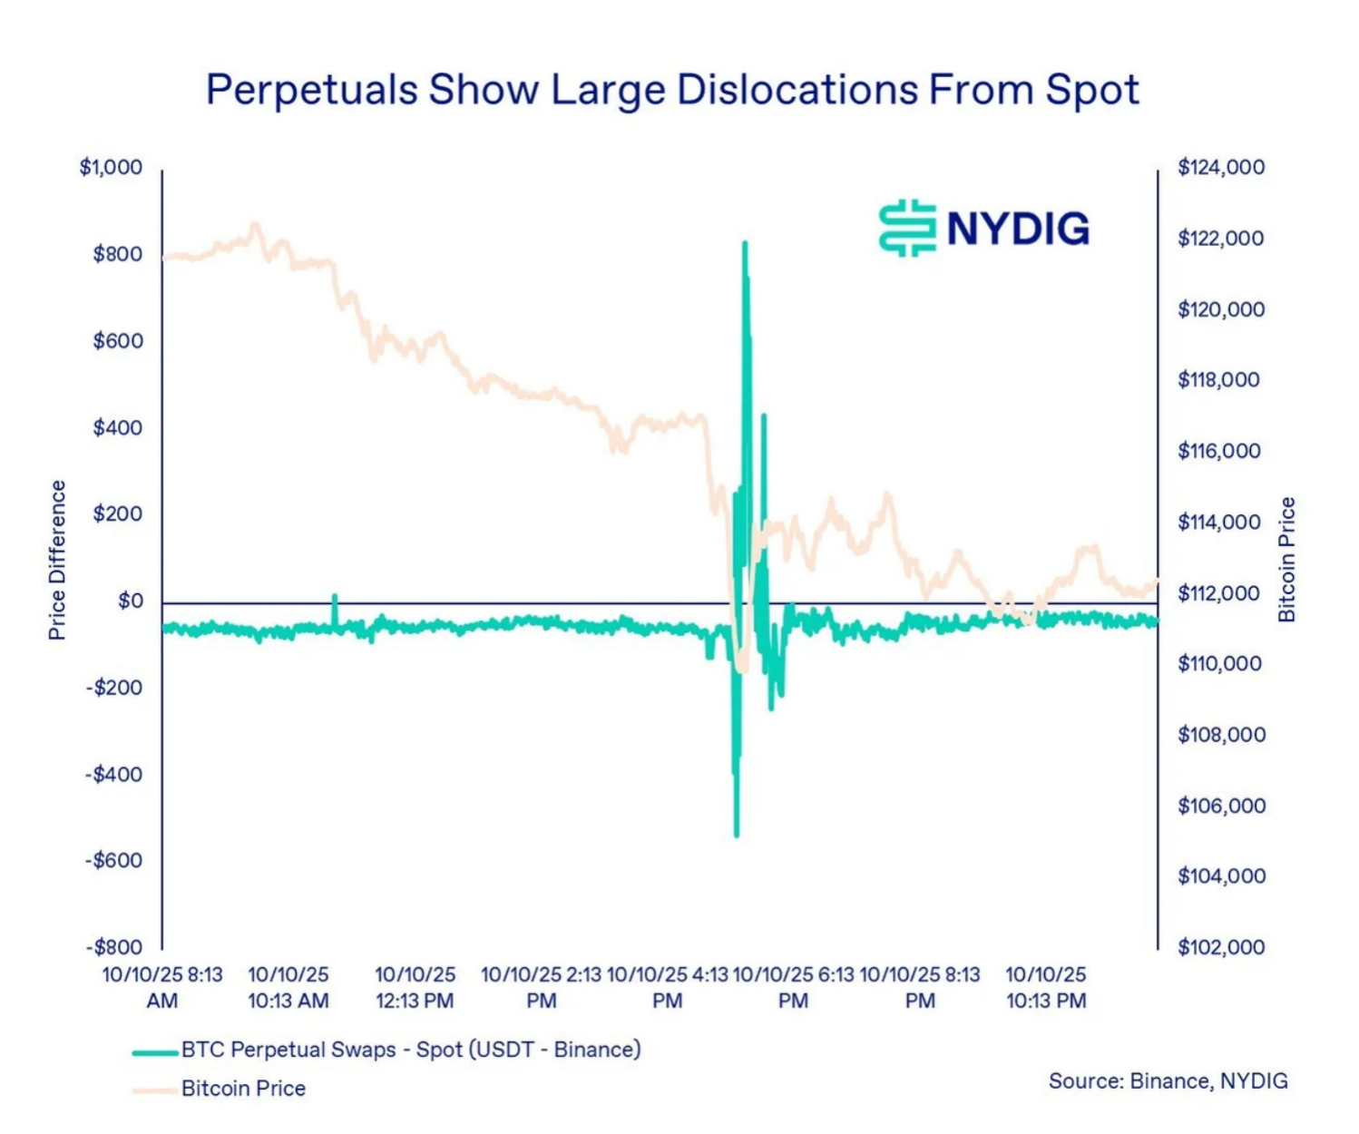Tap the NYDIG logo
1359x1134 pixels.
[984, 228]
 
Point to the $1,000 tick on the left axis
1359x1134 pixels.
[112, 168]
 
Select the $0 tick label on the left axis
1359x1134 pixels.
[130, 601]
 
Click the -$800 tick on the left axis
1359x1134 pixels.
[114, 947]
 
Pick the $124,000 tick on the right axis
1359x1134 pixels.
[1220, 168]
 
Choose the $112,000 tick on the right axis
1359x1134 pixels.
[1218, 593]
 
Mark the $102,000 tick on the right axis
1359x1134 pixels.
[1220, 947]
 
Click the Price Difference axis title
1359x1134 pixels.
[58, 560]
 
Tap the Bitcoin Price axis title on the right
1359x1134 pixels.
[1286, 560]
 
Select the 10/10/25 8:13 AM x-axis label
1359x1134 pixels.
[162, 987]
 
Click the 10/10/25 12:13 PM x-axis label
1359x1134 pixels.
[415, 987]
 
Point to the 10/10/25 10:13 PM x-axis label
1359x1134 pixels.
[1045, 987]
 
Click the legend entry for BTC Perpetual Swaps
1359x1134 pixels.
[410, 1050]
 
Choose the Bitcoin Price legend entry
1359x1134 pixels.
[242, 1089]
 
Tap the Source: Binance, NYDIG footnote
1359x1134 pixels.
[1168, 1080]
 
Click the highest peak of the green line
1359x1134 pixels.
[745, 244]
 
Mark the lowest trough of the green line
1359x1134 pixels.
[736, 835]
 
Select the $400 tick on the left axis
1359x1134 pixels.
[117, 427]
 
